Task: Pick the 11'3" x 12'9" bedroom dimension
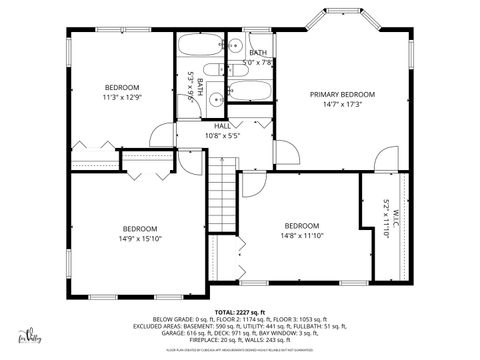coord(122,98)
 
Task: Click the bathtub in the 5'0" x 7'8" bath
coord(250,92)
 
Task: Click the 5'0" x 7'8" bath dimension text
coord(258,62)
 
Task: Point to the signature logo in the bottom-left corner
coord(33,337)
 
